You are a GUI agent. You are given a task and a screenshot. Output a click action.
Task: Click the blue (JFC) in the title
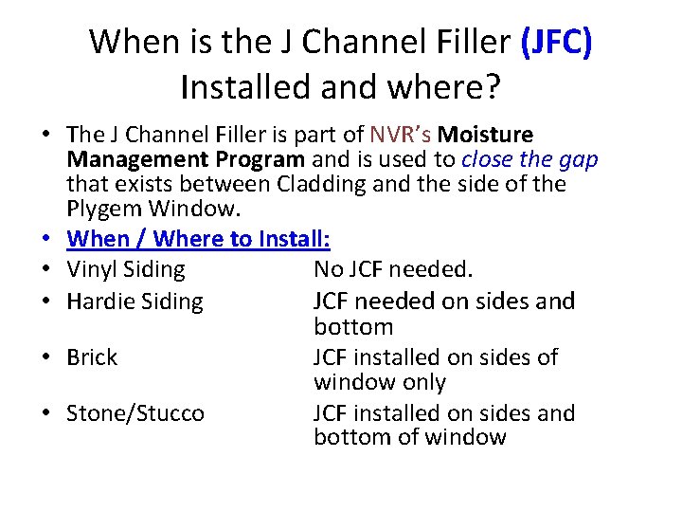(556, 42)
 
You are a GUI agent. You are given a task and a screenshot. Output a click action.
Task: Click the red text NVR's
(402, 135)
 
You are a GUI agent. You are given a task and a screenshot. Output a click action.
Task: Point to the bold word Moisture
(487, 135)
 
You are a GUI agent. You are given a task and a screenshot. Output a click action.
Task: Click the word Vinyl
(92, 269)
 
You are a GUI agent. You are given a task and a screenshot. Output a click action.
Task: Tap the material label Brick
(92, 357)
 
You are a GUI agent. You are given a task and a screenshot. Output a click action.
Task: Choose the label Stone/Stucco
(135, 413)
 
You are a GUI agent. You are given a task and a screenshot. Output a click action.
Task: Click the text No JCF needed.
(392, 269)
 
